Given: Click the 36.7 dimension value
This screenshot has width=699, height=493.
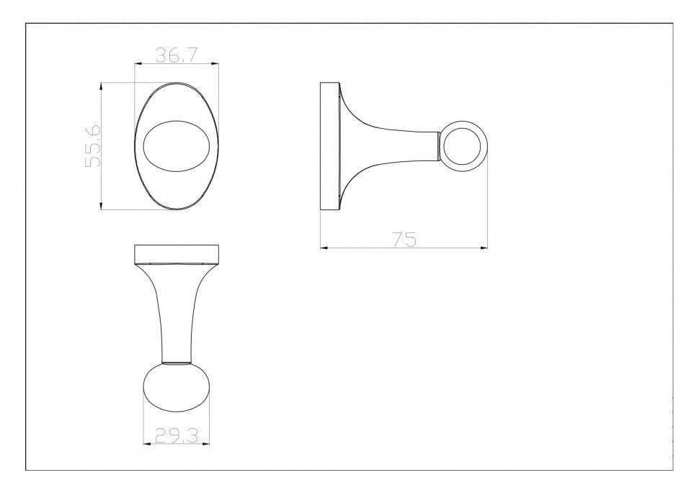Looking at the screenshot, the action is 176,55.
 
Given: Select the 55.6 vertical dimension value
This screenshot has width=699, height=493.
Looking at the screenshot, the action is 94,145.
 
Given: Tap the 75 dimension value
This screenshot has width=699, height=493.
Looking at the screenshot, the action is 405,239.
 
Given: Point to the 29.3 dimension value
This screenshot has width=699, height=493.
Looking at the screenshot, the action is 177,435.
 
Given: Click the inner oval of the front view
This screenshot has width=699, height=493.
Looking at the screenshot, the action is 176,145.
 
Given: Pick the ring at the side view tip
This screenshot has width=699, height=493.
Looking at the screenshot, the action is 464,145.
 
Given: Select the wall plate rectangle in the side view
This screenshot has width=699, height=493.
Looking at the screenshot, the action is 330,145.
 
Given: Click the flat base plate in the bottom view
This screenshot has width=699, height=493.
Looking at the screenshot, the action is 177,254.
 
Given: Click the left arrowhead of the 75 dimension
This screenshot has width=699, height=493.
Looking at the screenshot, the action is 324,248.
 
